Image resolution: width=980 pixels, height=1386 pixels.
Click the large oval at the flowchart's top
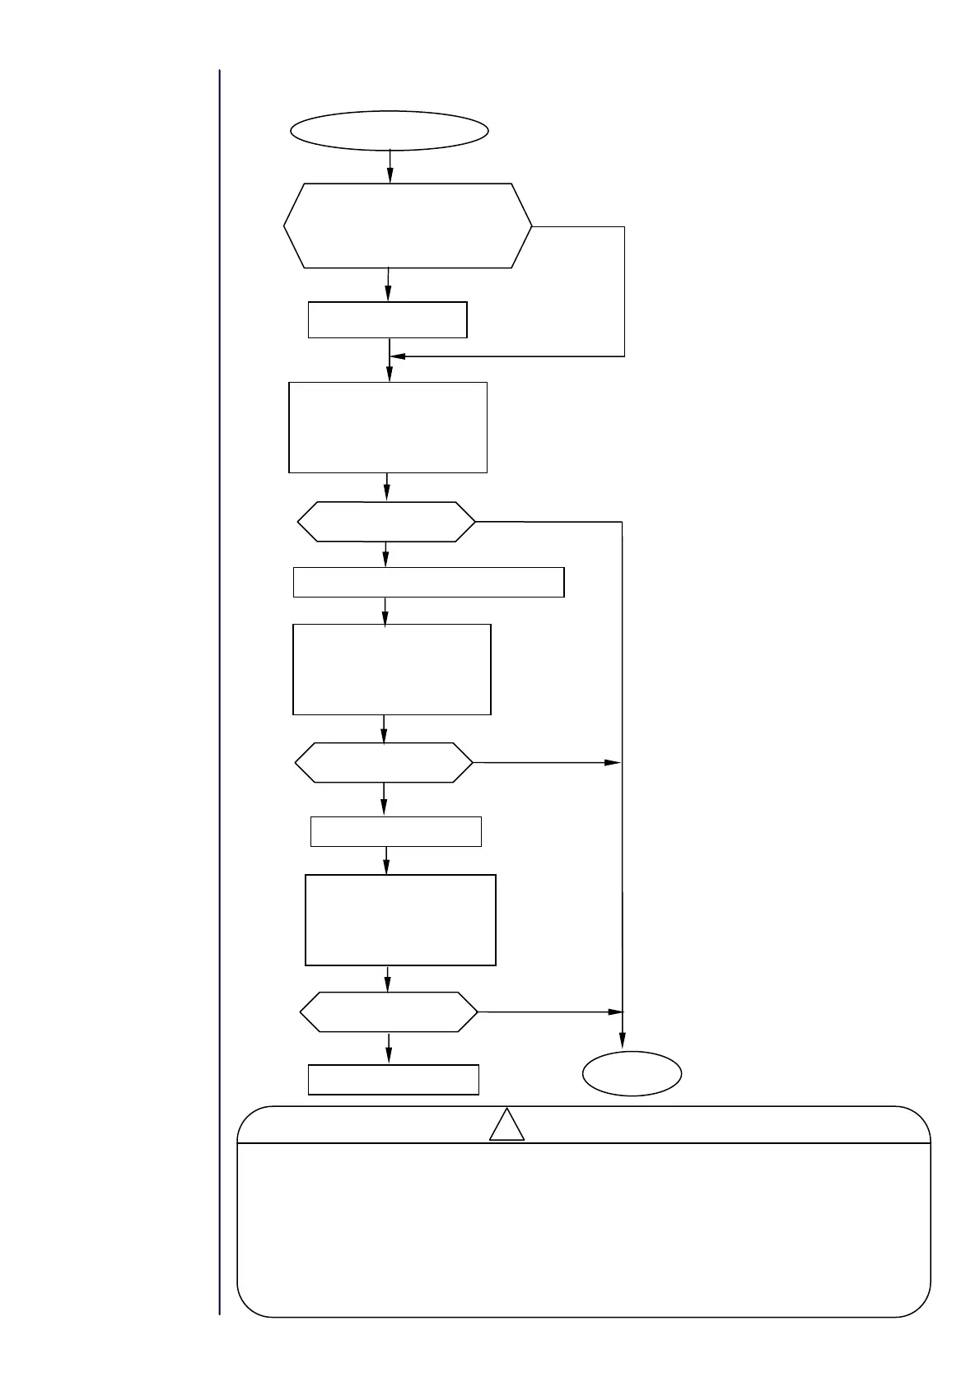[x=389, y=131]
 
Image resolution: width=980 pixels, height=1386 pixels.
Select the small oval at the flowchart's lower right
[x=632, y=1073]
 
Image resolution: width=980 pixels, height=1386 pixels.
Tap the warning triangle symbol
[x=506, y=1126]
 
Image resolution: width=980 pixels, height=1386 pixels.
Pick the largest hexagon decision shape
[x=408, y=226]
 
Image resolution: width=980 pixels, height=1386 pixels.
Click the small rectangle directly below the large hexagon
[x=387, y=319]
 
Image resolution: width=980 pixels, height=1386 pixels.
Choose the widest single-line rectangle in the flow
[x=428, y=582]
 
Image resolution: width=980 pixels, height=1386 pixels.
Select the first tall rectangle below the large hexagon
[x=388, y=426]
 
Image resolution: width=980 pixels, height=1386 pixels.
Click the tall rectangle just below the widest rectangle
[x=392, y=669]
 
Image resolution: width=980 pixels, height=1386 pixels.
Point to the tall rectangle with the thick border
[x=400, y=919]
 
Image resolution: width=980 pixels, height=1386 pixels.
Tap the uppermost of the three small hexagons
[x=385, y=522]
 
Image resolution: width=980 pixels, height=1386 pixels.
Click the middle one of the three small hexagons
[x=384, y=763]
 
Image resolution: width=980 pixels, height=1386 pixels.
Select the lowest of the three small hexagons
[x=388, y=1012]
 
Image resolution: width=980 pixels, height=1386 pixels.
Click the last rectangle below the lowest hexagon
[x=393, y=1080]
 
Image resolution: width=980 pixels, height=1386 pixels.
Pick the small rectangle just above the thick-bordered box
[x=395, y=831]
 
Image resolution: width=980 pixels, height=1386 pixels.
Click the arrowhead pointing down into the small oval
[x=623, y=1042]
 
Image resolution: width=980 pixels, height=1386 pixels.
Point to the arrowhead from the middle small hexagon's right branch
[x=612, y=763]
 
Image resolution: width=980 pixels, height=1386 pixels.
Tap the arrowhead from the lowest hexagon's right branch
[x=614, y=1012]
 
